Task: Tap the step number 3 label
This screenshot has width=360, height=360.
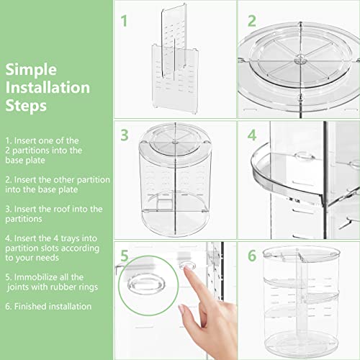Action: point(124,135)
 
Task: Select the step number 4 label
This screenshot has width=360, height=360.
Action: point(252,135)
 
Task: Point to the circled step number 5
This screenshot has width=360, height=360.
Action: point(125,256)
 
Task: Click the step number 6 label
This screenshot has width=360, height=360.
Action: point(253,256)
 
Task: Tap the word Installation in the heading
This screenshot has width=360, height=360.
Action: point(48,88)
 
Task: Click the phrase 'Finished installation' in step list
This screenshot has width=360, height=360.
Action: point(55,306)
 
